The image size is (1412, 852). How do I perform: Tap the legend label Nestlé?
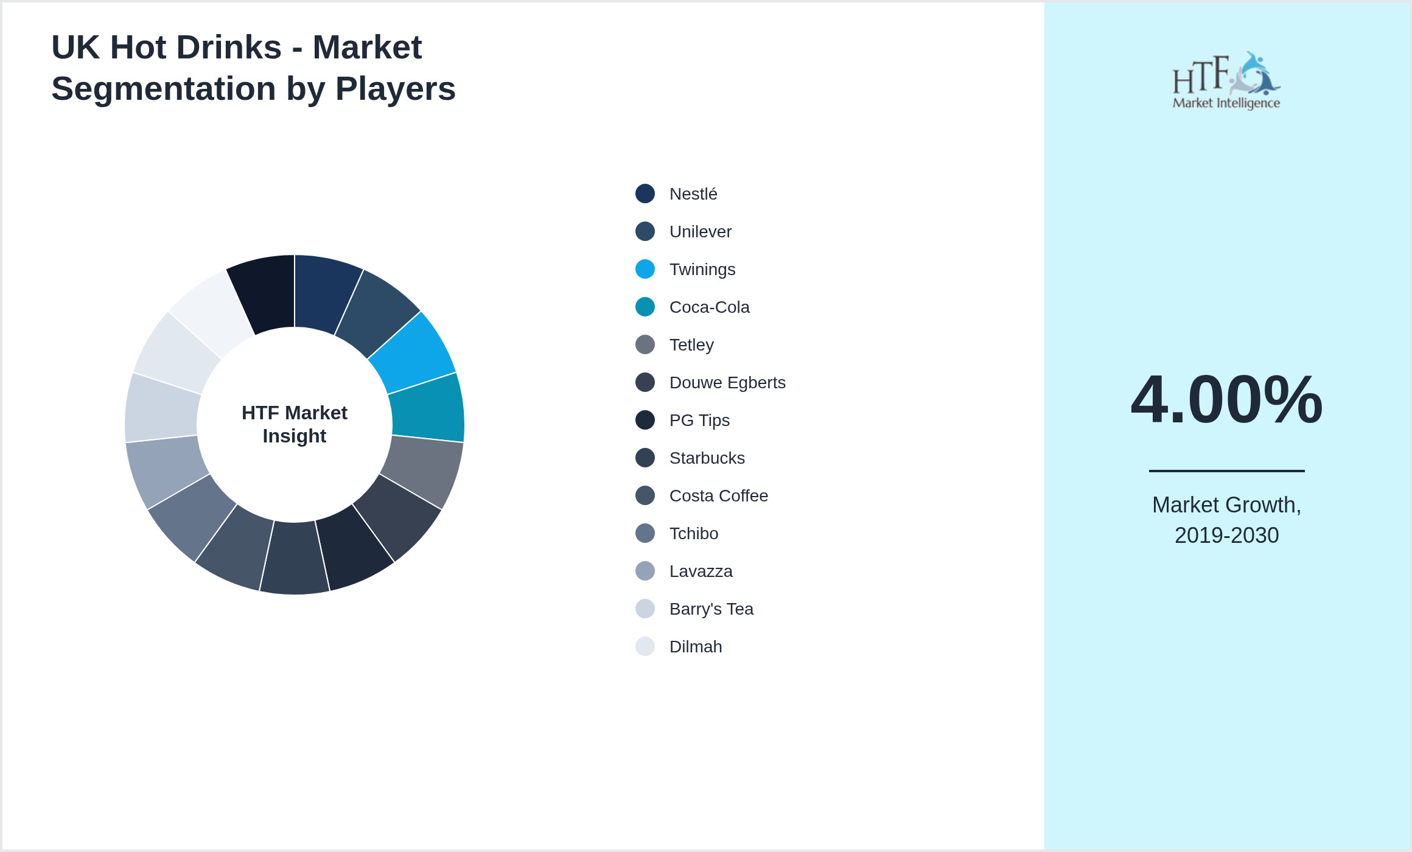pyautogui.click(x=693, y=194)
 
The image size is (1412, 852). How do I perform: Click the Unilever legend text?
pyautogui.click(x=700, y=232)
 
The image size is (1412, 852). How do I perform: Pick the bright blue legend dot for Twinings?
pyautogui.click(x=645, y=269)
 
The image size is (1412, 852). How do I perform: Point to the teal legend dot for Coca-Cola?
pyautogui.click(x=645, y=307)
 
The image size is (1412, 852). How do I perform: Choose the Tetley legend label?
pyautogui.click(x=691, y=345)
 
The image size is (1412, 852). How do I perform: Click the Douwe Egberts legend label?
pyautogui.click(x=727, y=383)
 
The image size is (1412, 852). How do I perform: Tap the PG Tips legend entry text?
pyautogui.click(x=699, y=421)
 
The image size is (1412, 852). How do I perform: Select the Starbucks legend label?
pyautogui.click(x=707, y=458)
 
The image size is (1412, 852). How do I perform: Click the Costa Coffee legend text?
pyautogui.click(x=718, y=496)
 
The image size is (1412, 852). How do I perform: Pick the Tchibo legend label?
pyautogui.click(x=693, y=534)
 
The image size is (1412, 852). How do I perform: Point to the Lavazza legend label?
pyautogui.click(x=701, y=571)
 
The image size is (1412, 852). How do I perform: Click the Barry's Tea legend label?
pyautogui.click(x=711, y=609)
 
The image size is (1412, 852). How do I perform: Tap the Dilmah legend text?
pyautogui.click(x=695, y=647)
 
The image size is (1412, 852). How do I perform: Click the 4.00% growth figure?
pyautogui.click(x=1226, y=400)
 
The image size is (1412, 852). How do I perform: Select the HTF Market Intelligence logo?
pyautogui.click(x=1226, y=80)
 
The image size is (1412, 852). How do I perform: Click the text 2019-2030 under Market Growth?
pyautogui.click(x=1226, y=536)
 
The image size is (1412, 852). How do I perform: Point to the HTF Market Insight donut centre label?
pyautogui.click(x=295, y=424)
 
